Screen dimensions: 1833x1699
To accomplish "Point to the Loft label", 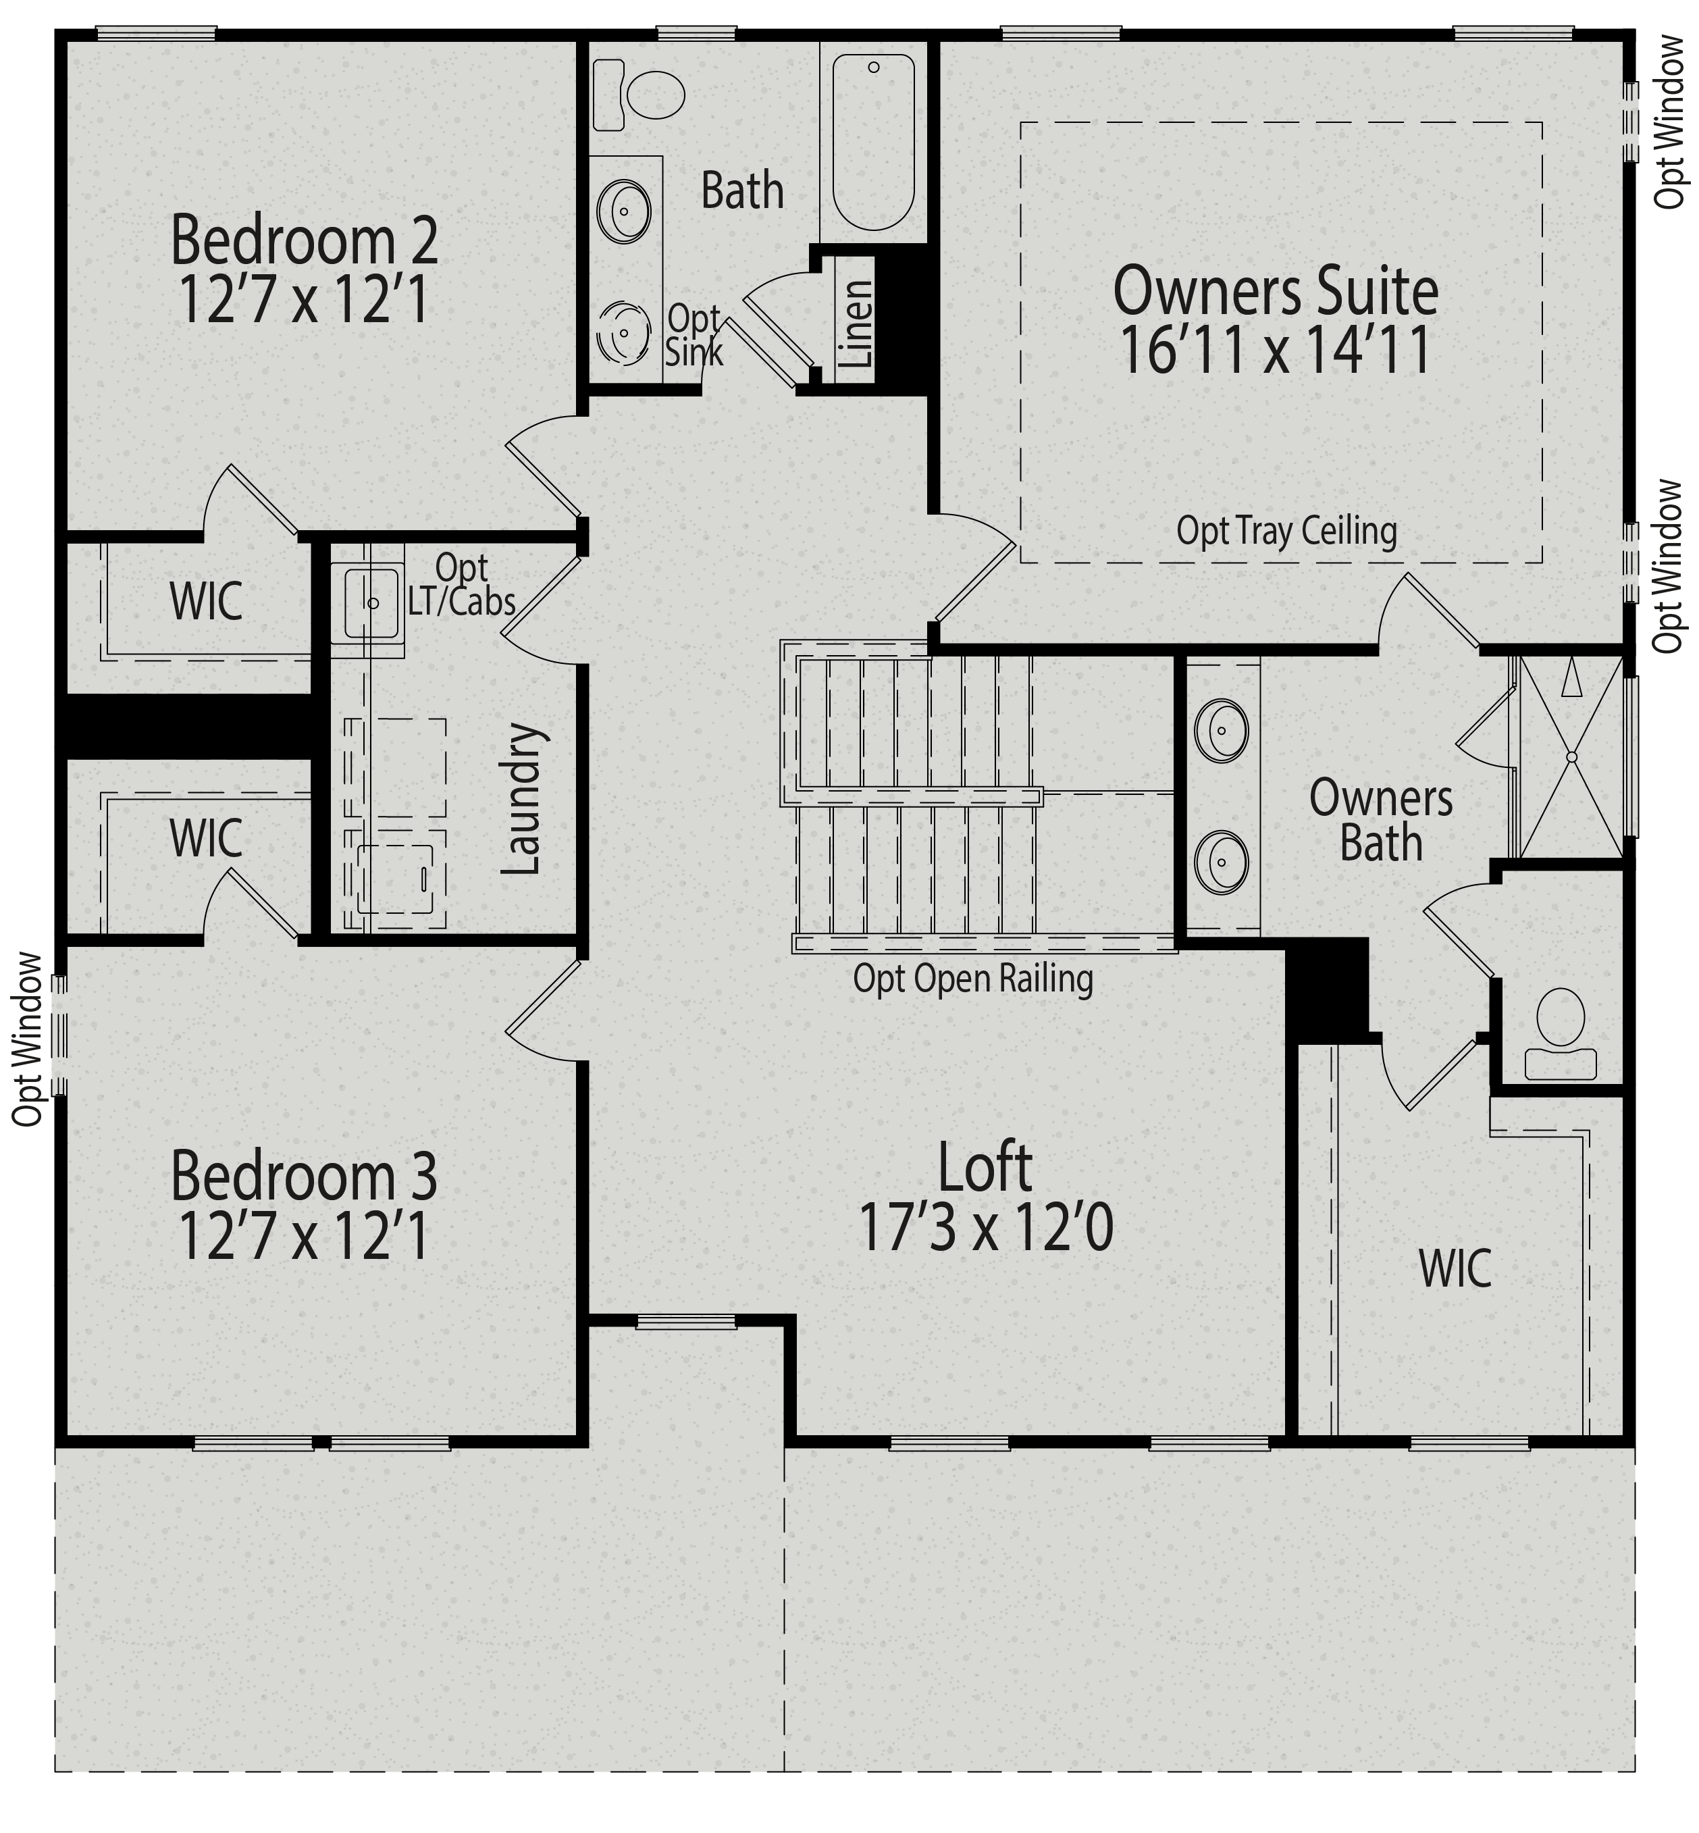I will pyautogui.click(x=985, y=1167).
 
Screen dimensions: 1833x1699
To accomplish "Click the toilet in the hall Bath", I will pyautogui.click(x=642, y=94).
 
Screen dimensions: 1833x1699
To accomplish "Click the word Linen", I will pyautogui.click(x=857, y=324).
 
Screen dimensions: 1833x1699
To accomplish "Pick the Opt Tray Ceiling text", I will pyautogui.click(x=1286, y=531).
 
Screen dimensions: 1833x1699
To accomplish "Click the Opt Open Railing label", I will pyautogui.click(x=972, y=979).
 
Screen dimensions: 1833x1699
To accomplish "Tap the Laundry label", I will pyautogui.click(x=521, y=798).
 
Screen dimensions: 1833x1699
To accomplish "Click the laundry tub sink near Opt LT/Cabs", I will pyautogui.click(x=372, y=603).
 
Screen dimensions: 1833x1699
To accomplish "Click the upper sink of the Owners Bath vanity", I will pyautogui.click(x=1221, y=730).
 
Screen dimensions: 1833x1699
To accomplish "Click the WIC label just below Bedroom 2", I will pyautogui.click(x=206, y=602).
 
